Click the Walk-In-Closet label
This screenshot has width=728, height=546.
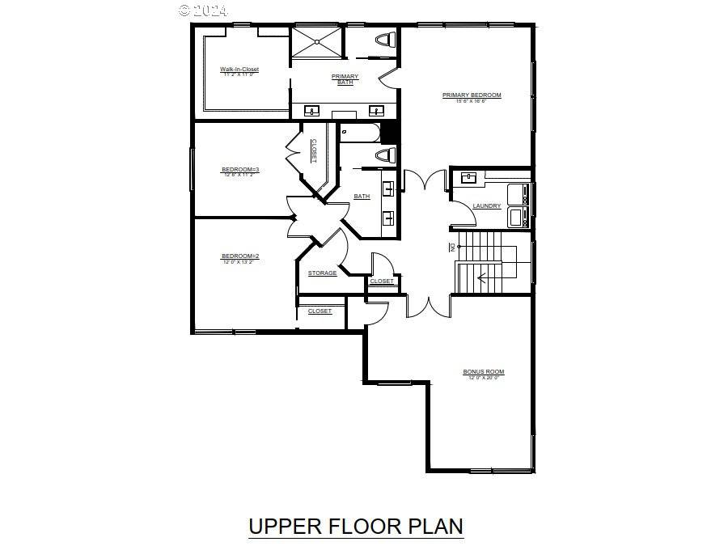click(239, 70)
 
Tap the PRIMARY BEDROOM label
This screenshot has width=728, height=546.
click(472, 95)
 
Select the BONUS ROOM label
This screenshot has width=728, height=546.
click(483, 372)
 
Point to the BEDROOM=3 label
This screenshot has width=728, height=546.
click(239, 170)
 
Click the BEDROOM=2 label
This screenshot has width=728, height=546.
click(240, 257)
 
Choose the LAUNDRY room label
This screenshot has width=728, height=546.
click(487, 206)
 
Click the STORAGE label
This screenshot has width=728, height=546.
click(322, 273)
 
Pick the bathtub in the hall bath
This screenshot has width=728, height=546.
click(360, 132)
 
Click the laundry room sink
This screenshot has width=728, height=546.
click(468, 176)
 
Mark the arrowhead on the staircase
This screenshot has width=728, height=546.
click(481, 278)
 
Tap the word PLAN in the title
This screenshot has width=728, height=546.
click(432, 526)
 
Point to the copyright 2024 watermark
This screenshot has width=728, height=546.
click(203, 10)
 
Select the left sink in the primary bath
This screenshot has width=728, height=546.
click(311, 111)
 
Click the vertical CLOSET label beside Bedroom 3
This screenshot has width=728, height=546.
click(314, 151)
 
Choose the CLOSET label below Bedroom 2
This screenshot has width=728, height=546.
click(320, 311)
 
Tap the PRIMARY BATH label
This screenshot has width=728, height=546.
click(345, 79)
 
